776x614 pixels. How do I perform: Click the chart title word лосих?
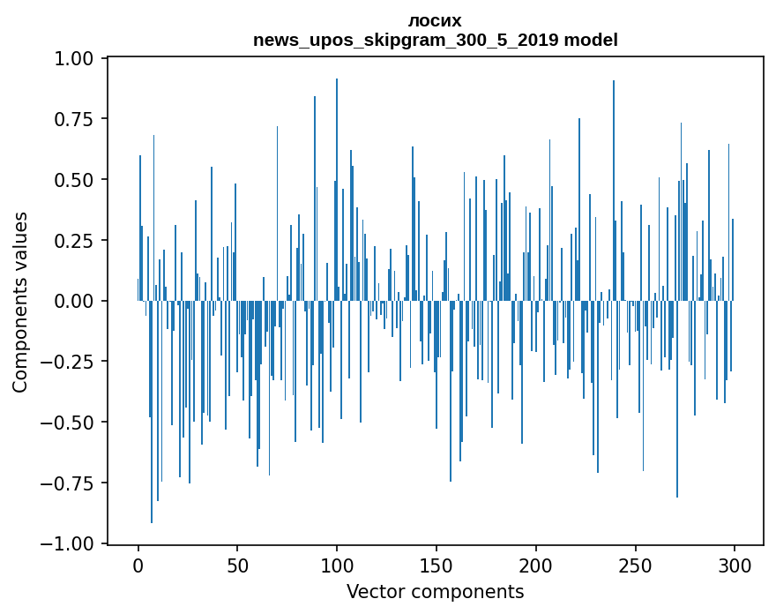[435, 20]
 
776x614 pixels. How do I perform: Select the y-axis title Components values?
[20, 302]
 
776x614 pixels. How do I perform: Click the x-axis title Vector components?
[435, 592]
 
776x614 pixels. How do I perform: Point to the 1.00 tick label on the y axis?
[75, 58]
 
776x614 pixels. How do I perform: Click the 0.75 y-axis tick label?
[75, 119]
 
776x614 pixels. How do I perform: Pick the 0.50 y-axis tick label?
[75, 180]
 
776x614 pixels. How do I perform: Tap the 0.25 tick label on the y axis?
[75, 241]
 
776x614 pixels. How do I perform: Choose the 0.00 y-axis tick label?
[75, 301]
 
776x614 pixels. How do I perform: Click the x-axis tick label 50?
[237, 565]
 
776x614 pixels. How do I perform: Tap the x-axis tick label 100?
[337, 565]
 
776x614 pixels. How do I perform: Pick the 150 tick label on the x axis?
[436, 565]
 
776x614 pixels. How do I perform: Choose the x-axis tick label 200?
[535, 565]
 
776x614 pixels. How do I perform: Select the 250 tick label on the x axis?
[635, 565]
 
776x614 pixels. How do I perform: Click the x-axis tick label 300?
[734, 565]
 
